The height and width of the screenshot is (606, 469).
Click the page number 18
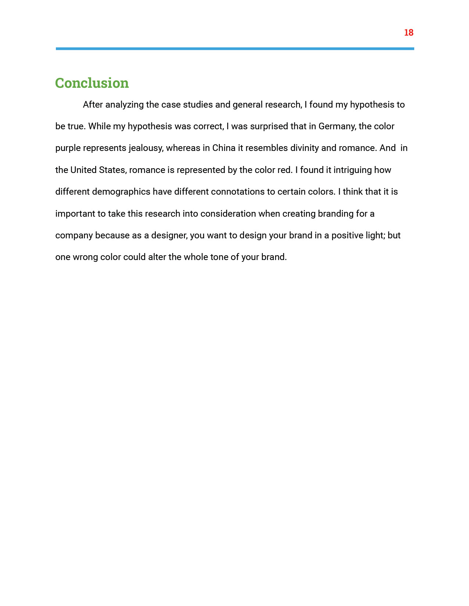pos(408,33)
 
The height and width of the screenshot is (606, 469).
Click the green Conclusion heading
pos(92,83)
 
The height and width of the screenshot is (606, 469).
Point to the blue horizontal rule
pos(235,48)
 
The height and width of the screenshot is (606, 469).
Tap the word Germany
pos(337,127)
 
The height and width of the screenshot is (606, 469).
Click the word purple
pos(68,148)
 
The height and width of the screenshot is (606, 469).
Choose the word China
pos(223,148)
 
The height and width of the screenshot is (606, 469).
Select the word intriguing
pos(352,170)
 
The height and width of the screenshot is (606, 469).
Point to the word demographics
pos(121,192)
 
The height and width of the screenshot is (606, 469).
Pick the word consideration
pos(228,214)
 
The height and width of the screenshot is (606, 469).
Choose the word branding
pos(335,214)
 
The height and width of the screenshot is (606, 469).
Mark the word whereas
pos(183,148)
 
